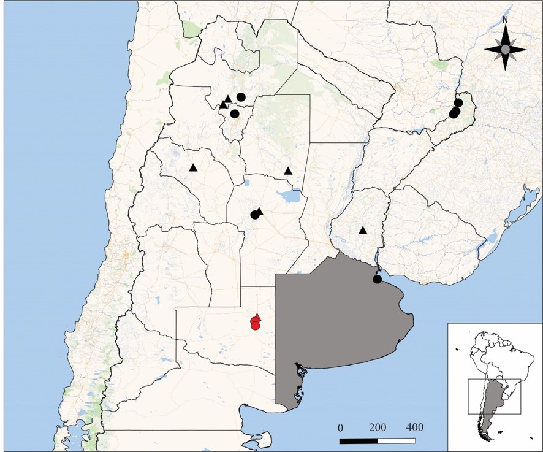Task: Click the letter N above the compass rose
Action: coord(505,20)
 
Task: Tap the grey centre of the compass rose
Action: coord(505,49)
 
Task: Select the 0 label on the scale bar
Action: coord(341,427)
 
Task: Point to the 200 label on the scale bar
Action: coord(378,427)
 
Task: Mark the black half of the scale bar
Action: coord(359,440)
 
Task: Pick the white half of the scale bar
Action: coord(397,440)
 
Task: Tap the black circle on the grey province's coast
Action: coord(378,280)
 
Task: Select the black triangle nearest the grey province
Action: coord(363,231)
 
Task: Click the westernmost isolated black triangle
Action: coord(193,167)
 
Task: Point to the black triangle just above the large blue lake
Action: coord(288,170)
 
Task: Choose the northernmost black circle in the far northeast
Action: coord(458,102)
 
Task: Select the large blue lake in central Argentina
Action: coord(289,197)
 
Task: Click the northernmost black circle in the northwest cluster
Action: coord(241,97)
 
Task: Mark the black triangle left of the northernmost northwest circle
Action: coord(228,99)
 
